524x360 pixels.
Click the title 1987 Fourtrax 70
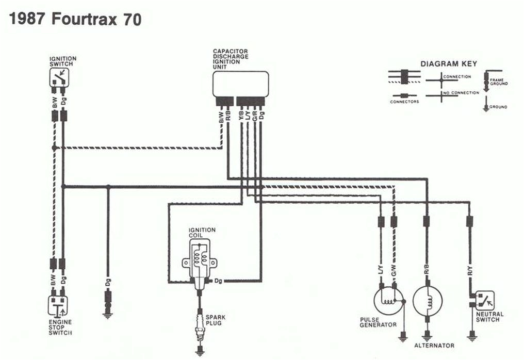tap(75, 19)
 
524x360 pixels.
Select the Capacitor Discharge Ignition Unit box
tap(241, 84)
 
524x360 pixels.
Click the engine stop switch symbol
tap(58, 305)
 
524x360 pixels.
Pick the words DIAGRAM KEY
tap(448, 64)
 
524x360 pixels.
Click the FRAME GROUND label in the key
tap(499, 81)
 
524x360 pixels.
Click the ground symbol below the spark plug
tap(200, 353)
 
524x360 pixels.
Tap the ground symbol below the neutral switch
tap(470, 338)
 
